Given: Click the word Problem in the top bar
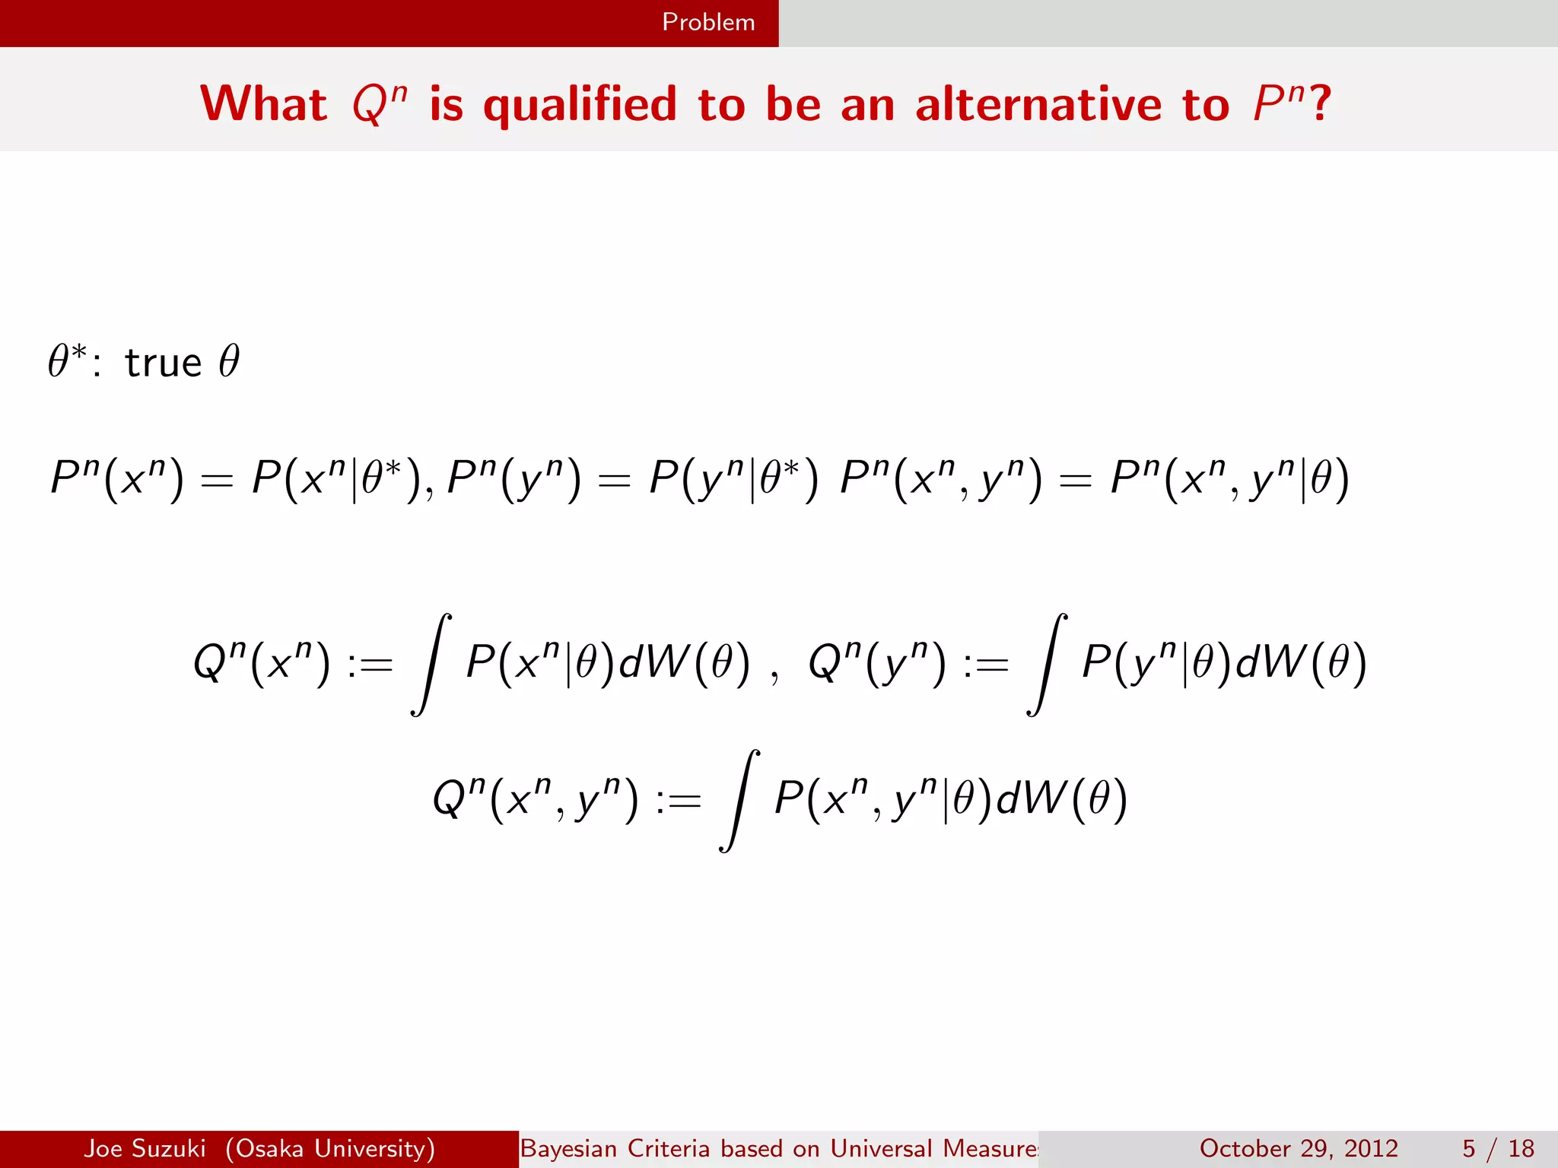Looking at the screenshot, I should click(x=708, y=22).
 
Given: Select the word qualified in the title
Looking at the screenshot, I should click(x=580, y=105).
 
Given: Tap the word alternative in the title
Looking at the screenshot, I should click(x=1038, y=104).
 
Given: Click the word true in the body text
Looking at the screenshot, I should click(x=163, y=363).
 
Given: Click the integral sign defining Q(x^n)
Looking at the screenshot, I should click(x=431, y=664).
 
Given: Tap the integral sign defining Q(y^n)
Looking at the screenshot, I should click(x=1047, y=664).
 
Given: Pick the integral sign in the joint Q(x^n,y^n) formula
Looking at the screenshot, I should click(x=739, y=801).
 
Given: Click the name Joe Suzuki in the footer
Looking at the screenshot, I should click(x=145, y=1148).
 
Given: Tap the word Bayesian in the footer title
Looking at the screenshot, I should click(x=568, y=1148).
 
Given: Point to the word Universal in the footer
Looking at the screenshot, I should click(x=880, y=1148).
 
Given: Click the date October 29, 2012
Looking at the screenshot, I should click(x=1299, y=1148).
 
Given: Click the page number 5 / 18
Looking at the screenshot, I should click(x=1498, y=1148).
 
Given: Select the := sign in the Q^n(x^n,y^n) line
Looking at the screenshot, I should click(x=678, y=801).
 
